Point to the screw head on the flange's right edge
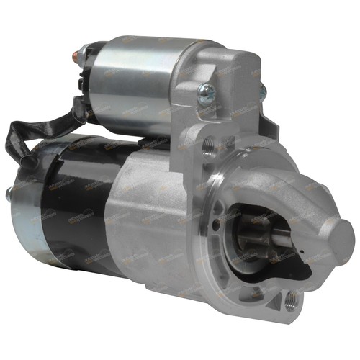tap(263, 90)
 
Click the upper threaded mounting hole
tap(210, 146)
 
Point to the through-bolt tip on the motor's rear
tap(9, 193)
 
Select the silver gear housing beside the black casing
tap(158, 216)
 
